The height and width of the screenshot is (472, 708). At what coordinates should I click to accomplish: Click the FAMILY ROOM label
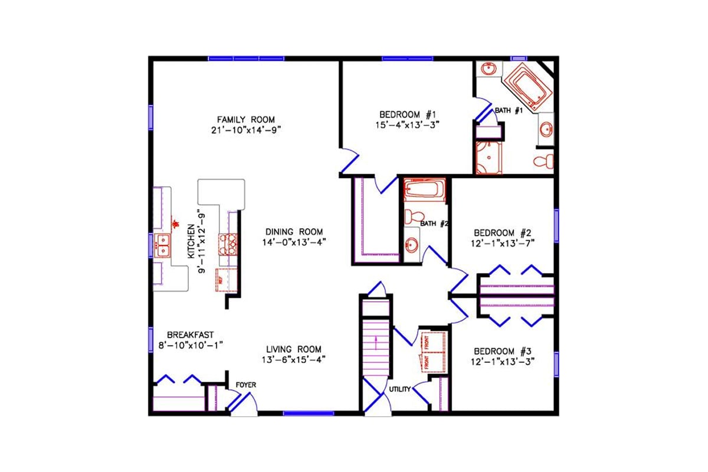[245, 120]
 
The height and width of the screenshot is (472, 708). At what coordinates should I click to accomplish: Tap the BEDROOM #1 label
[407, 114]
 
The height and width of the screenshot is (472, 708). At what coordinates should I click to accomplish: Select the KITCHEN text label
[191, 241]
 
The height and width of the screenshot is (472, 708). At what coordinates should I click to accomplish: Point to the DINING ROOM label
[294, 232]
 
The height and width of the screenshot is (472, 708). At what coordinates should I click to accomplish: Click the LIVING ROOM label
[293, 348]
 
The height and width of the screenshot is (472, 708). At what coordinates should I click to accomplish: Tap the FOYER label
[245, 385]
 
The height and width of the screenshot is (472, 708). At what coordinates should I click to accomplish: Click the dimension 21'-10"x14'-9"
[245, 130]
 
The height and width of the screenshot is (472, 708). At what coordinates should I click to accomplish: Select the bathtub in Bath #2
[423, 191]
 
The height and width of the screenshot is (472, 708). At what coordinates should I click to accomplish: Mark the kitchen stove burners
[228, 243]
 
